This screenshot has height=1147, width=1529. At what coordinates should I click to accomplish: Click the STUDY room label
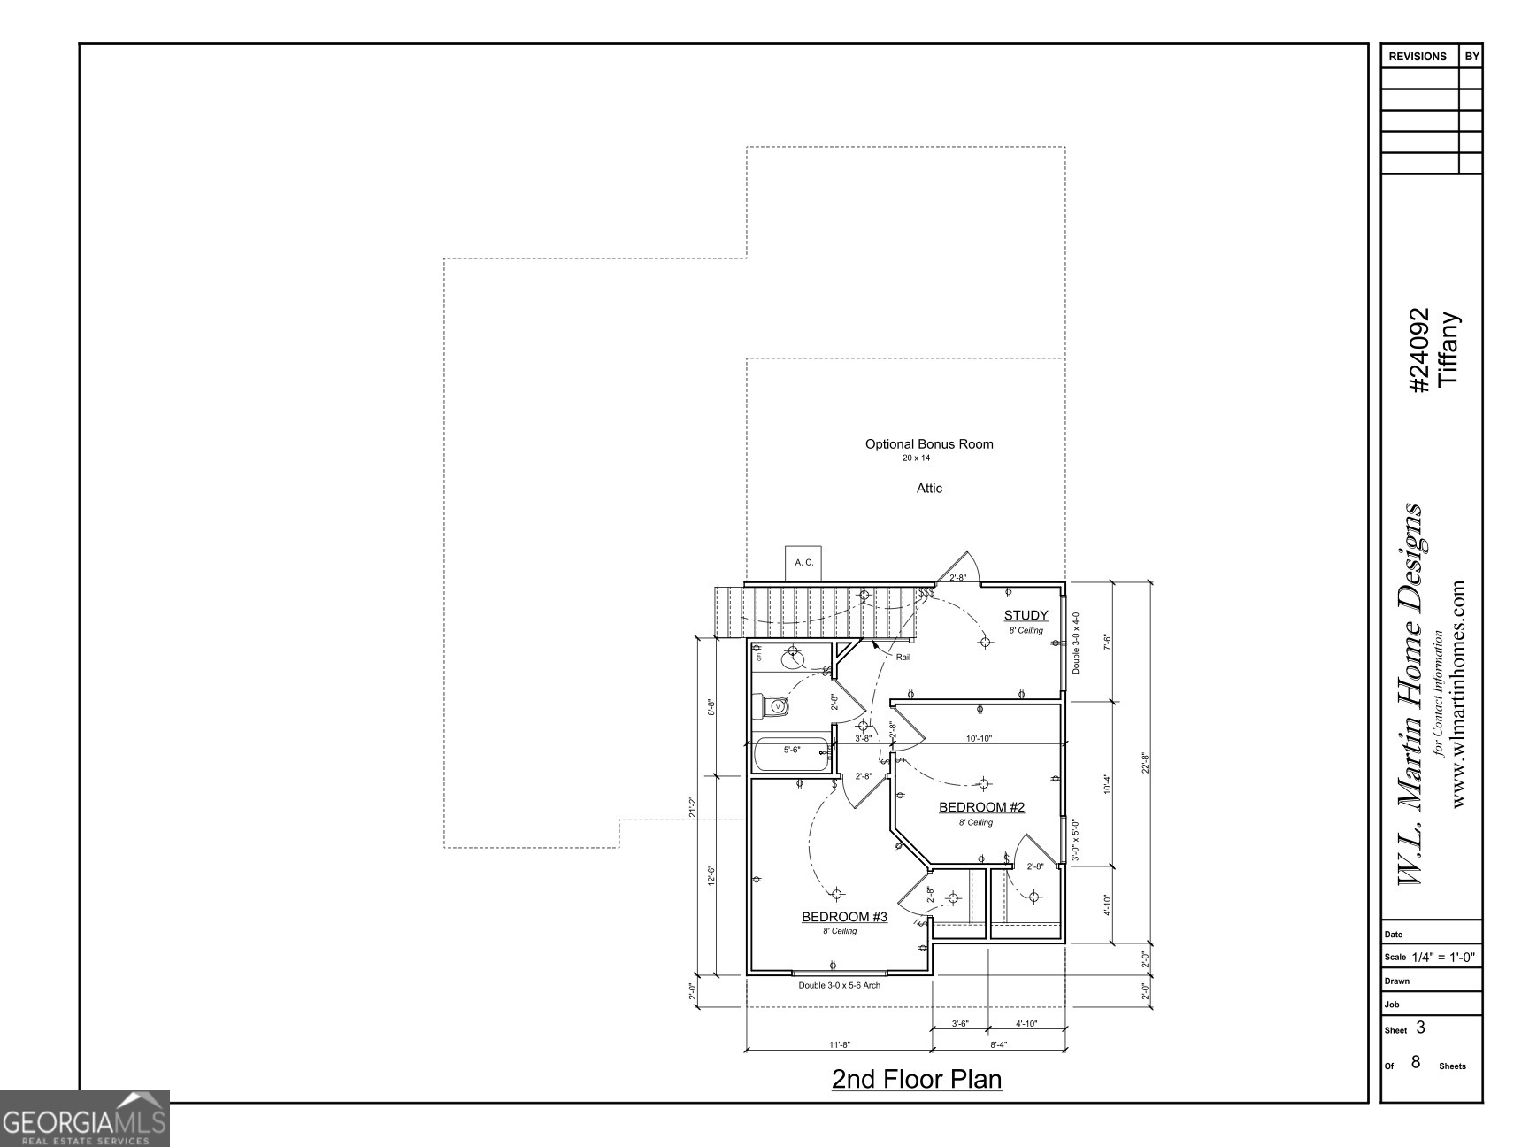click(x=1026, y=615)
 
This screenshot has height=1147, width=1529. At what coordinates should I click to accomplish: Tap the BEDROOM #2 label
click(x=981, y=807)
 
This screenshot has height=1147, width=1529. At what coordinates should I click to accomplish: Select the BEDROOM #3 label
click(x=844, y=917)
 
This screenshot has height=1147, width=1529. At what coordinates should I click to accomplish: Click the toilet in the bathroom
click(x=776, y=706)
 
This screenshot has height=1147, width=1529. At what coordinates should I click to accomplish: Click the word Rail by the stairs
click(x=903, y=658)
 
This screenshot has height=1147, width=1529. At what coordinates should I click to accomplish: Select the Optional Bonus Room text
click(x=929, y=444)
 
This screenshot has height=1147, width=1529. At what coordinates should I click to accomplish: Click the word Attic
click(x=929, y=489)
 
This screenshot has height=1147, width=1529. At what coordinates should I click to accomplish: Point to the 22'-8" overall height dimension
click(x=1145, y=763)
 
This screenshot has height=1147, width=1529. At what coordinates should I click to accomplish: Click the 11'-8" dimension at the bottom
click(x=839, y=1044)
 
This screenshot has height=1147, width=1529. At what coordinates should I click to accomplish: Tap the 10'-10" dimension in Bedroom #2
click(x=979, y=738)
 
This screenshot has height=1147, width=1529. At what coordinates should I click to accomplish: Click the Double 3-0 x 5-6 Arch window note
click(x=839, y=985)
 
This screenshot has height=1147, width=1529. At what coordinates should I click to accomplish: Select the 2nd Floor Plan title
click(x=917, y=1080)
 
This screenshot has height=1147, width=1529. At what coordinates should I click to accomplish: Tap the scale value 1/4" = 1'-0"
click(x=1442, y=958)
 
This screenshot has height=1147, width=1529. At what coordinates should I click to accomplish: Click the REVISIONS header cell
click(x=1418, y=57)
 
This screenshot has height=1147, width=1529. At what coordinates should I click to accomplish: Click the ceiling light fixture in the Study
click(x=985, y=643)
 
